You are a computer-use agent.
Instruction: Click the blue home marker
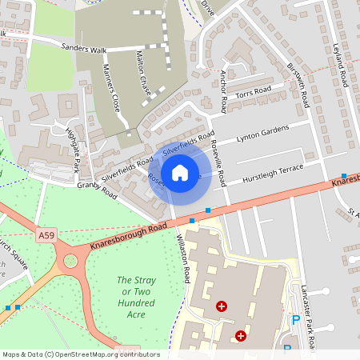(180, 172)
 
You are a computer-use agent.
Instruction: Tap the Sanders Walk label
(84, 48)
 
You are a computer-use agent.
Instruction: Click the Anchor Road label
(223, 90)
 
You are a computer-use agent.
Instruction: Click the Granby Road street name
(97, 190)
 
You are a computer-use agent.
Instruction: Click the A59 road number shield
(46, 235)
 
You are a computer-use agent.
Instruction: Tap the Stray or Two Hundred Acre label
(135, 292)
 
